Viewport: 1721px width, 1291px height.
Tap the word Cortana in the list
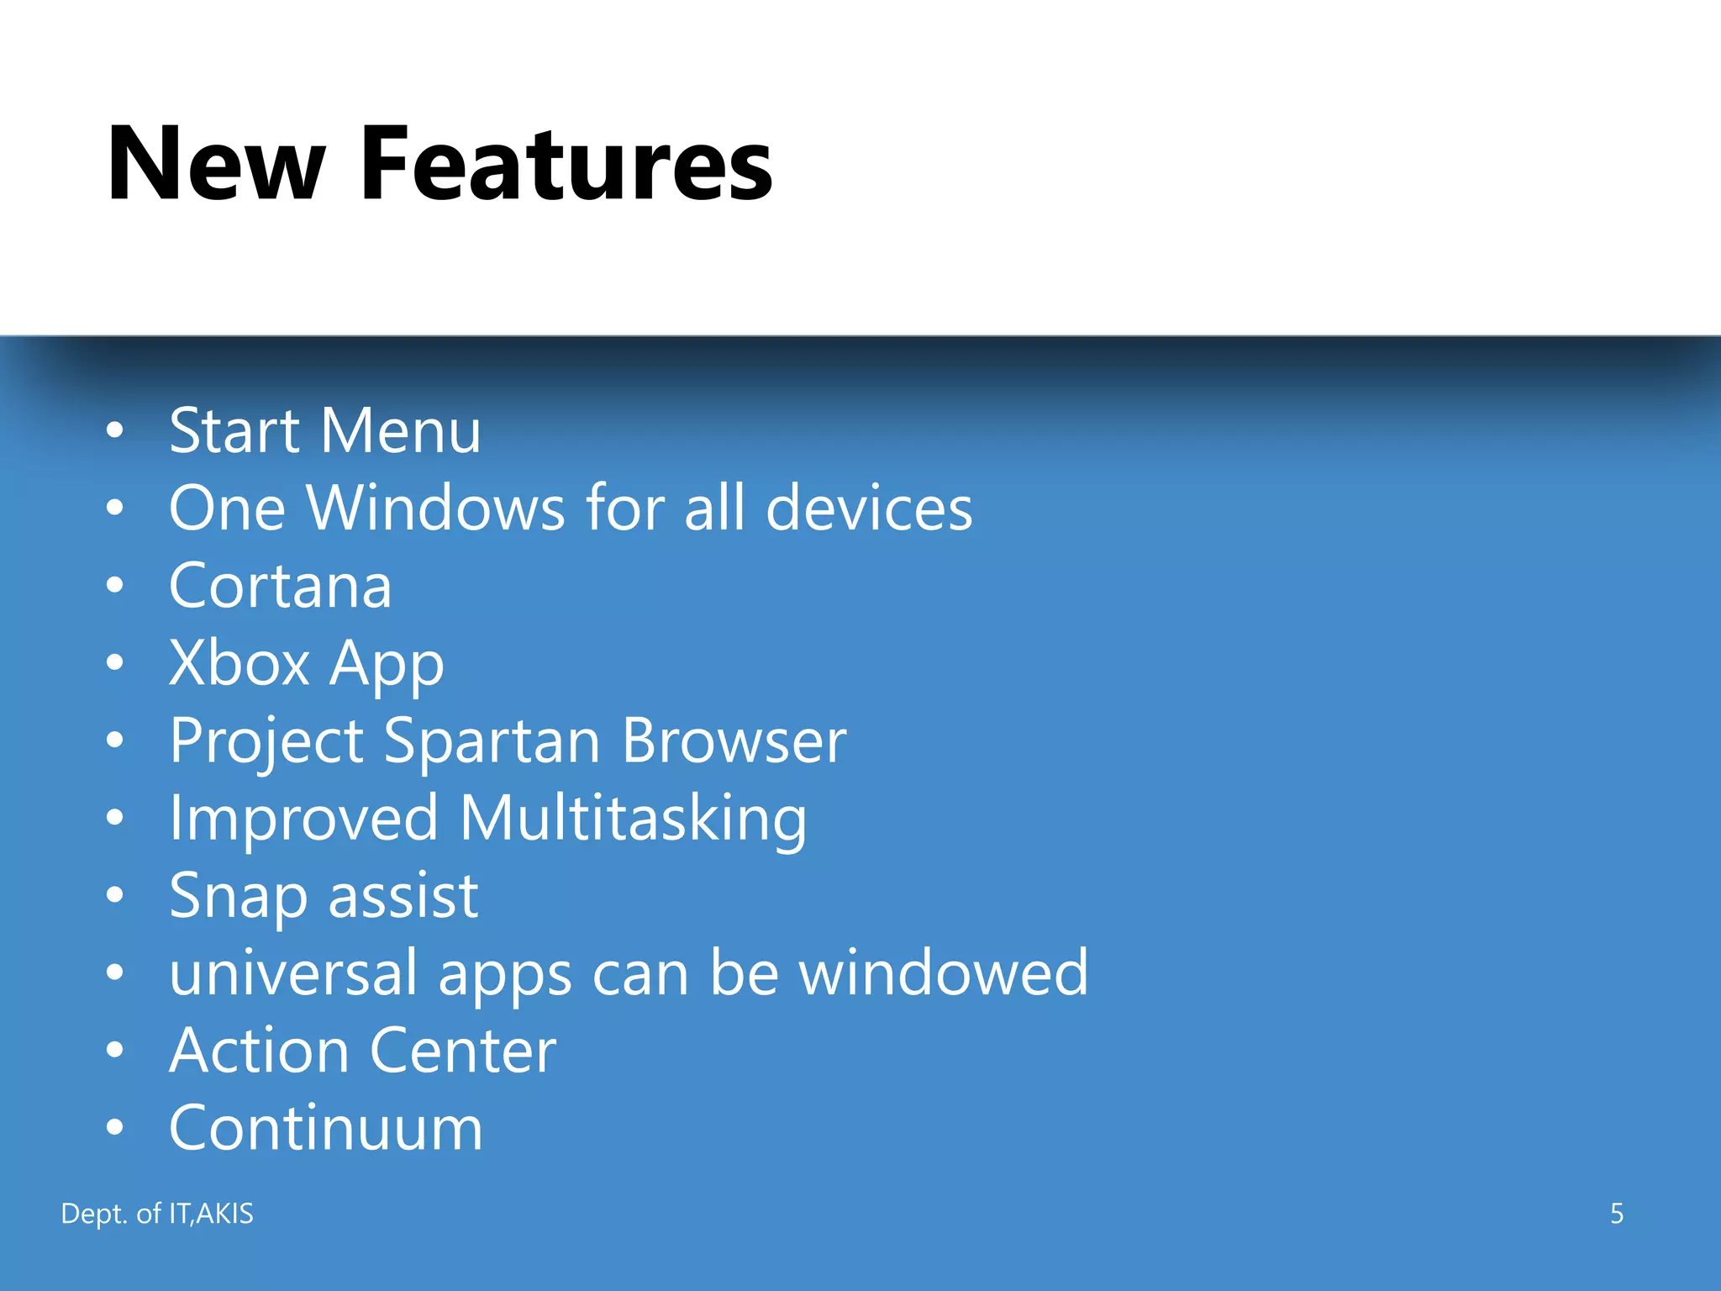click(x=280, y=586)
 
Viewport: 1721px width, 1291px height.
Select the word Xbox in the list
click(x=239, y=663)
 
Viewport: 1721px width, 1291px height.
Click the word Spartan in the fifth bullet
click(x=492, y=741)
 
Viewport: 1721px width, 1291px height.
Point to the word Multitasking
click(x=633, y=819)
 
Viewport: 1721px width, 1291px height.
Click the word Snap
click(x=238, y=897)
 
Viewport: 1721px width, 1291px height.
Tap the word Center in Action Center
click(x=462, y=1051)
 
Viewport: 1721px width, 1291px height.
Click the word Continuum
click(x=326, y=1129)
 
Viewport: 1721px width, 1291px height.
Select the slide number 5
click(x=1616, y=1214)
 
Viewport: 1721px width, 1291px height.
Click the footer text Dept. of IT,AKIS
click(x=157, y=1214)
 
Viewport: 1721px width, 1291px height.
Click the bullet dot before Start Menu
click(x=115, y=431)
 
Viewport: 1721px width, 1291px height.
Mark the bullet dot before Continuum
click(x=115, y=1129)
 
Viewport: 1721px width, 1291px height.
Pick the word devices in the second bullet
click(x=869, y=508)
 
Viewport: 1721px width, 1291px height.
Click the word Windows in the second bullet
click(x=436, y=508)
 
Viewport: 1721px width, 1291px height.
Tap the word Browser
click(x=734, y=741)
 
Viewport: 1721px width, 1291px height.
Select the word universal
click(x=293, y=973)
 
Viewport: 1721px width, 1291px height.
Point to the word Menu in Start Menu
click(x=400, y=431)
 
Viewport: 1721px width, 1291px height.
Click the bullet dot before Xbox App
click(x=115, y=664)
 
